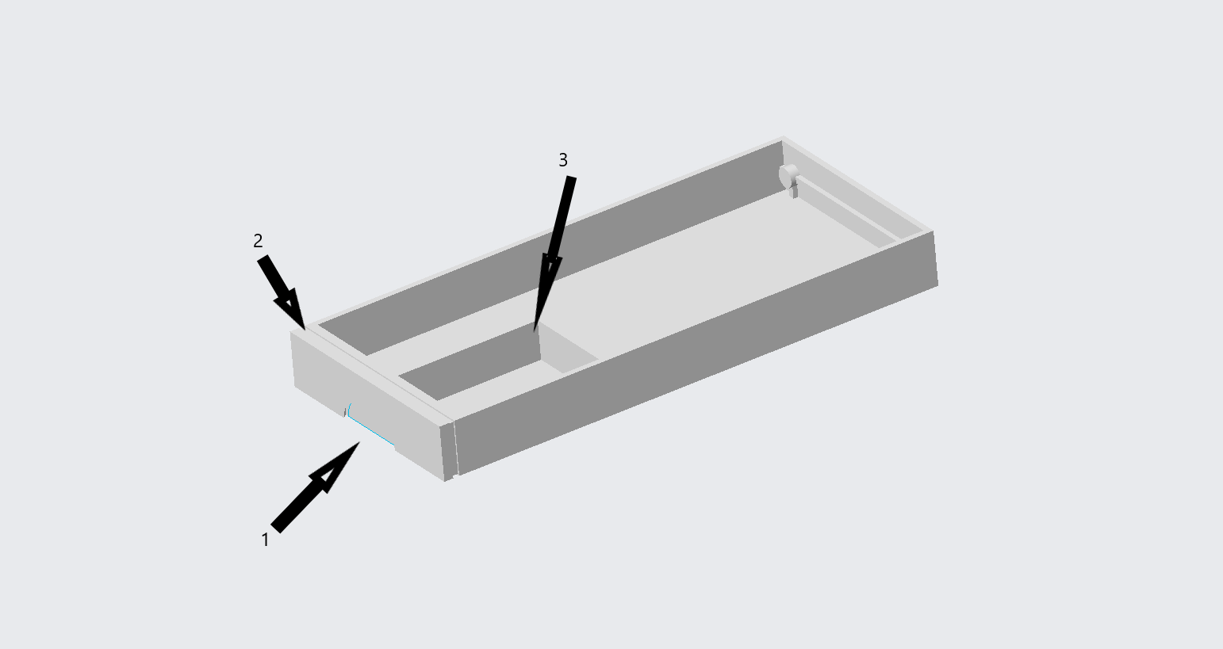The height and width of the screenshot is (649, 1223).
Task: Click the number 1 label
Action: point(266,540)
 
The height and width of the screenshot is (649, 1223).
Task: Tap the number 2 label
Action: point(259,241)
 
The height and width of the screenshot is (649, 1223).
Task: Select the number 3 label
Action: point(563,160)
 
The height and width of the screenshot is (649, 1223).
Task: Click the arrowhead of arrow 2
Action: point(290,309)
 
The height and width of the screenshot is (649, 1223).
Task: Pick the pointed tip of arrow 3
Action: point(535,330)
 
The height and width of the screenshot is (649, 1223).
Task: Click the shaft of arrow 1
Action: point(295,505)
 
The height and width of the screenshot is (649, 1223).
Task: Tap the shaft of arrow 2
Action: point(271,277)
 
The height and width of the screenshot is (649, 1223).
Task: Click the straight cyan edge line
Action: point(372,431)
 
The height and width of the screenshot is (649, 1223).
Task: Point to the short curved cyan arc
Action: point(348,410)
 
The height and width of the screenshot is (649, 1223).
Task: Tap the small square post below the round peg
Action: point(793,192)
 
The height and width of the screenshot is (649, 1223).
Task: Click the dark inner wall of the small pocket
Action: point(470,363)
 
